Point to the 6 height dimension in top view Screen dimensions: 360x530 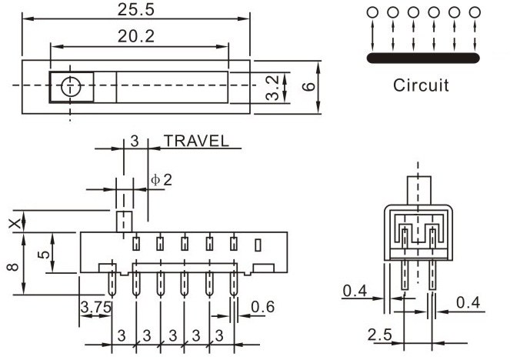(308, 86)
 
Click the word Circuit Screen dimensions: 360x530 (421, 85)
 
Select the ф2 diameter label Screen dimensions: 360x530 (162, 179)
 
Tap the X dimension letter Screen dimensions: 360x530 (12, 222)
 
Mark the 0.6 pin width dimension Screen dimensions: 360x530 (263, 307)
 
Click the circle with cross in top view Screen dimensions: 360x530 (71, 86)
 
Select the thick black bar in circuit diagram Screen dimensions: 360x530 (423, 57)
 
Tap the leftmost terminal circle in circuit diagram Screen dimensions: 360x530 (372, 12)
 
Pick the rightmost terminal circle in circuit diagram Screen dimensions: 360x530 (475, 12)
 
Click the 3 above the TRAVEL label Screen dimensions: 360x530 (134, 141)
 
